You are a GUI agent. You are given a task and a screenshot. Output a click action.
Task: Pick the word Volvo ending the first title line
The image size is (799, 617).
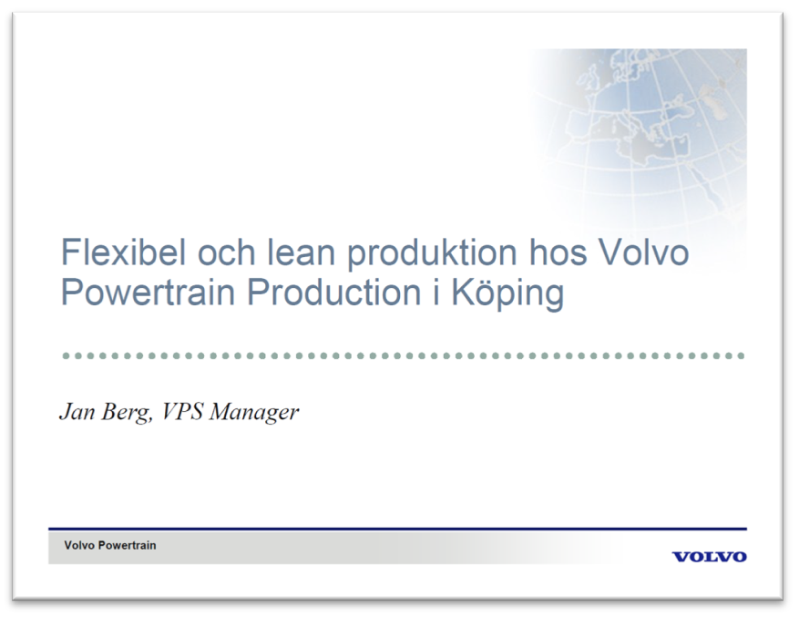tap(643, 252)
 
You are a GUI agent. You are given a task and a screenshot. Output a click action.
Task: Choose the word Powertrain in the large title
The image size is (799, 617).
tap(148, 293)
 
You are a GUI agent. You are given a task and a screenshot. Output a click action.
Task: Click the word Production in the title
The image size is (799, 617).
tap(334, 293)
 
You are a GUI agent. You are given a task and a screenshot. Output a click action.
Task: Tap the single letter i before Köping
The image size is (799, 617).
tap(436, 293)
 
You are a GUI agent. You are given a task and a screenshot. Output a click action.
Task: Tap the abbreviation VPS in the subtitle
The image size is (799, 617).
tap(182, 412)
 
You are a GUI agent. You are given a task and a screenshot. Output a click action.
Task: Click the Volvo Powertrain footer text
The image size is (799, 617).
tap(110, 545)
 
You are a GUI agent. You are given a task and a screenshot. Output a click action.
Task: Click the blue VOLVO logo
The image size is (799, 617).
tap(710, 556)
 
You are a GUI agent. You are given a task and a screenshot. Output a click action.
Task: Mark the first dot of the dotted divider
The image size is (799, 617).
tap(66, 355)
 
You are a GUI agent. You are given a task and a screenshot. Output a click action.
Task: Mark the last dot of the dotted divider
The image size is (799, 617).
tap(741, 355)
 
